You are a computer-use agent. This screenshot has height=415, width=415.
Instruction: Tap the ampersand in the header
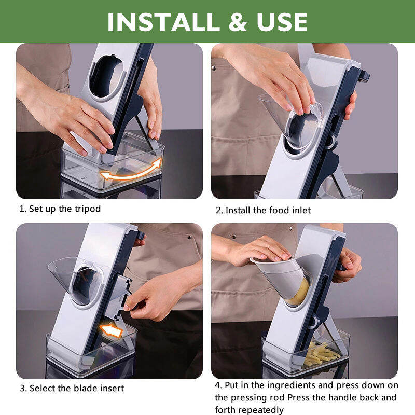(x=238, y=22)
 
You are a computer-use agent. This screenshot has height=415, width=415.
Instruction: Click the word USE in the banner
(x=282, y=22)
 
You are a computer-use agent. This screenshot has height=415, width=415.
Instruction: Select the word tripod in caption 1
(x=88, y=209)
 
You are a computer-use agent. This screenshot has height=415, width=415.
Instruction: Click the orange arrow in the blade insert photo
(x=111, y=331)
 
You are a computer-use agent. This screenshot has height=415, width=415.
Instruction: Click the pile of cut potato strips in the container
(x=321, y=354)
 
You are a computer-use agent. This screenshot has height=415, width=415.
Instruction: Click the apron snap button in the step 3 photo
(x=189, y=238)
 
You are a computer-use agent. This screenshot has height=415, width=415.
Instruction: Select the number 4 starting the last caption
(x=218, y=385)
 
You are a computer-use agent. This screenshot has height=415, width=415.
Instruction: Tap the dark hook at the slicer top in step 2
(x=364, y=76)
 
